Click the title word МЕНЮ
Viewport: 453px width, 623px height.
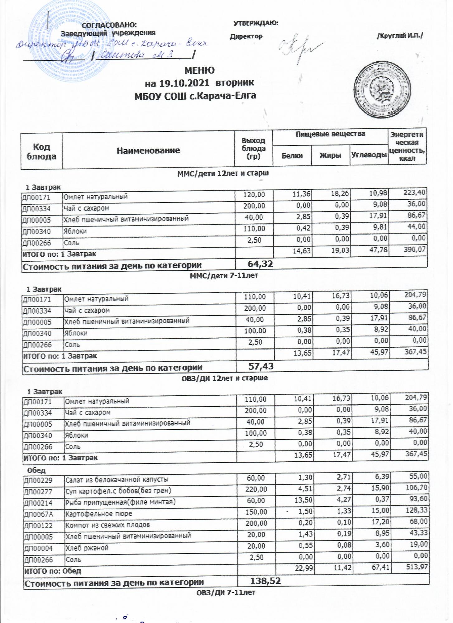coord(199,70)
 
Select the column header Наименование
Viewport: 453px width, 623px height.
coord(148,151)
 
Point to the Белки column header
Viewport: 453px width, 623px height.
coord(292,156)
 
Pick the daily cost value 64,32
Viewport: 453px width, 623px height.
coord(260,264)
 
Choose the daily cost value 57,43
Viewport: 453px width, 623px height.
coord(261,366)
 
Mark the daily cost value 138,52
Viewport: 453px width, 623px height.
coord(265,581)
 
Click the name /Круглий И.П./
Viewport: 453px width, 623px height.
coord(400,36)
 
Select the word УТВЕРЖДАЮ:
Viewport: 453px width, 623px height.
coord(256,23)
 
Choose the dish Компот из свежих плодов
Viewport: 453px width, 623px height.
coord(107,525)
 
